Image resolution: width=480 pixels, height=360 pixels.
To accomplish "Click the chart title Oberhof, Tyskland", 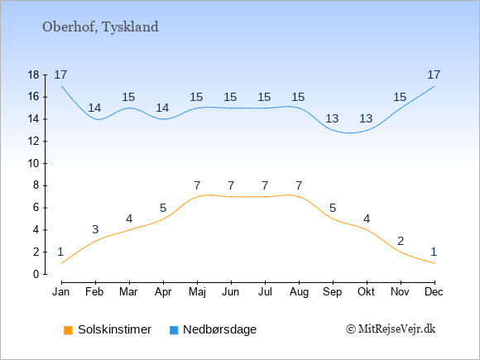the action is point(100,27).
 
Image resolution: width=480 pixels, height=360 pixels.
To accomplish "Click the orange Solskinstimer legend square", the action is point(68,330).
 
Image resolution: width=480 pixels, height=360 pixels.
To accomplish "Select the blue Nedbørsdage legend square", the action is point(174,330).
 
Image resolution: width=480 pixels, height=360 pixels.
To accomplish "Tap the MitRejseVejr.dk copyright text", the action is point(391,329).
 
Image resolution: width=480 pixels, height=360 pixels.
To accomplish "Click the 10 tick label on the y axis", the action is point(34,164).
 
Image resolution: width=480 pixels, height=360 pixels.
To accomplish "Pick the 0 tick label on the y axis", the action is point(36,274).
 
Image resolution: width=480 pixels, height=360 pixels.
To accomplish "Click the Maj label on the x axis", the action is point(197,292).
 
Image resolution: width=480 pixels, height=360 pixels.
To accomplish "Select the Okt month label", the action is point(366,292).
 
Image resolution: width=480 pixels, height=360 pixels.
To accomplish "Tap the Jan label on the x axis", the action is point(61,292).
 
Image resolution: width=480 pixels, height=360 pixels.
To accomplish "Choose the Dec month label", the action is point(434,292).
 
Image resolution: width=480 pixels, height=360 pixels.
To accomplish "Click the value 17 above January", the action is point(60,74).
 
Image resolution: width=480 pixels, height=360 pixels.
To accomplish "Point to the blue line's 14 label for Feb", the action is point(94,108).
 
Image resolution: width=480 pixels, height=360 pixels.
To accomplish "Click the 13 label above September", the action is point(332,118).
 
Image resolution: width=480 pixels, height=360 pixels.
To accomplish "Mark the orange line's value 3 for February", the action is point(95,229).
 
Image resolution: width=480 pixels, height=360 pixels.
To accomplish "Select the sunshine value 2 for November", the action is point(401,242).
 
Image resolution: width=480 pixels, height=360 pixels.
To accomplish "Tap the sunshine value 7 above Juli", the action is point(265,186).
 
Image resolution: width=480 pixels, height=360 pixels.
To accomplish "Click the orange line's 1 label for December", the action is point(434,252).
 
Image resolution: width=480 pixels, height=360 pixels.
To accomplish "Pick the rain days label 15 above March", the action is point(128,98).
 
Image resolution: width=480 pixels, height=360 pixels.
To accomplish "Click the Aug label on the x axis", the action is point(299,292).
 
